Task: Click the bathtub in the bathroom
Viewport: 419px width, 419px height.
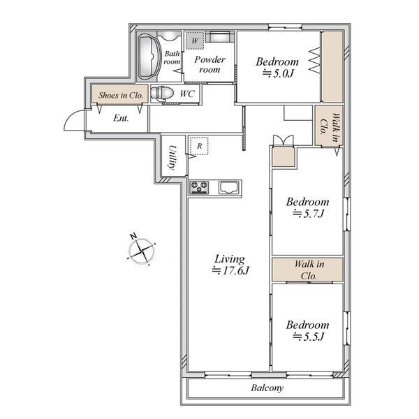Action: (x=147, y=57)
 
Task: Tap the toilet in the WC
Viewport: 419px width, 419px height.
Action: (x=162, y=94)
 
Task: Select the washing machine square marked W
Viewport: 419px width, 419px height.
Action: (x=195, y=41)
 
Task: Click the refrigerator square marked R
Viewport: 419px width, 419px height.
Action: (x=199, y=146)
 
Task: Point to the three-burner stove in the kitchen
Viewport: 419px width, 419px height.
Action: (x=199, y=187)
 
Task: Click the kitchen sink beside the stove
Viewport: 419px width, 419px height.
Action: (x=229, y=187)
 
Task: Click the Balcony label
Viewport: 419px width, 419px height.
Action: (x=267, y=388)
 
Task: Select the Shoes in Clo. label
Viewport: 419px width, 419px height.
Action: (x=121, y=95)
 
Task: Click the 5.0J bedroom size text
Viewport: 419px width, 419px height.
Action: (x=279, y=73)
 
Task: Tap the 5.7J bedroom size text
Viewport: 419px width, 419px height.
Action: (x=309, y=214)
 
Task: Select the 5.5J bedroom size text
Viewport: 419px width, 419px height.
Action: (x=309, y=337)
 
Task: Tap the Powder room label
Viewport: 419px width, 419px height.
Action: (x=209, y=64)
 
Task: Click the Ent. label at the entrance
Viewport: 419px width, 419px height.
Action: (x=121, y=118)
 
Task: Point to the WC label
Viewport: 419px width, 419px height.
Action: (x=187, y=94)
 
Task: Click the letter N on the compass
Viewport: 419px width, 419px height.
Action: (x=133, y=236)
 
